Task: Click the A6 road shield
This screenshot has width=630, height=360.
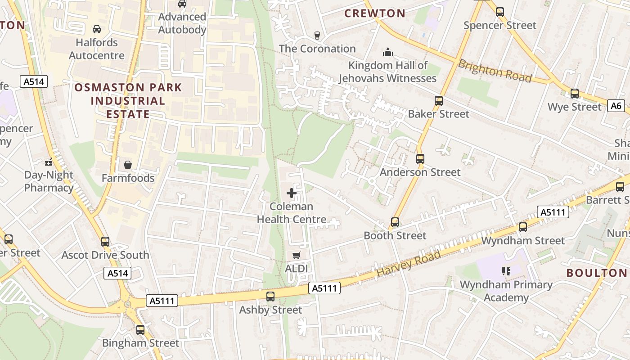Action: tap(616, 106)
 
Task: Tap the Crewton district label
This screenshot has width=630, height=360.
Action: tap(375, 13)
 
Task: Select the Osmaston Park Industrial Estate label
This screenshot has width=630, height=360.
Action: tap(128, 100)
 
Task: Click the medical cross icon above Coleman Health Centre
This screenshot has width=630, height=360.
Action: tap(292, 193)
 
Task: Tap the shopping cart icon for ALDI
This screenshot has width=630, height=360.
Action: tap(296, 256)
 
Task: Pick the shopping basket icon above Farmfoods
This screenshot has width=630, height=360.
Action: tap(128, 165)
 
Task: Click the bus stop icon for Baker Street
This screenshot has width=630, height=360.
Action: tap(439, 101)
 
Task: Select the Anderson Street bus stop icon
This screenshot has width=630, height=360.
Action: tap(420, 159)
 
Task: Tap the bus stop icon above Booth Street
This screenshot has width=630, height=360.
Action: tap(395, 222)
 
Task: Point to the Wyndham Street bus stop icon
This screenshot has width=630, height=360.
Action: tap(522, 227)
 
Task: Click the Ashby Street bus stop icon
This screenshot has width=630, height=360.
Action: tap(270, 297)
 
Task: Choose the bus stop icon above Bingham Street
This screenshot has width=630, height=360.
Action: tap(140, 330)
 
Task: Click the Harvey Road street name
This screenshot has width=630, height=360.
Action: tap(409, 264)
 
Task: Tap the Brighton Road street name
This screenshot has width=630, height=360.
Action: tap(495, 71)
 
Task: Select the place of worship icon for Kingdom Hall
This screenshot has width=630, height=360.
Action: tap(387, 53)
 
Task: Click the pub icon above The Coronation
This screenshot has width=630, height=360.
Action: tap(317, 36)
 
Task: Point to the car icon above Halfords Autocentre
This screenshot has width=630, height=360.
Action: tap(96, 29)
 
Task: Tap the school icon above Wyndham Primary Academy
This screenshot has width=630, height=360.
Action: tap(506, 271)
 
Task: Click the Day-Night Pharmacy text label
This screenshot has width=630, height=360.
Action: tap(49, 181)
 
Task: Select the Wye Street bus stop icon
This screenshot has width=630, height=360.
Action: tap(575, 94)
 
